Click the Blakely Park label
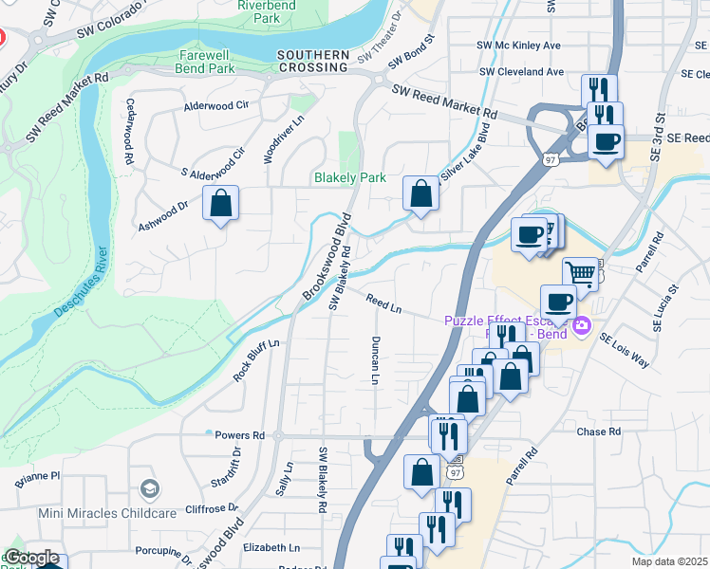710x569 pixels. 350,177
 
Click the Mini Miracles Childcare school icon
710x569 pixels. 149,488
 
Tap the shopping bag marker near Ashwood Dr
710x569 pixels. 220,204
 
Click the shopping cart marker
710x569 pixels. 580,274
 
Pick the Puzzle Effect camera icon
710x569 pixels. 581,328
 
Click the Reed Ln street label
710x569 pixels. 383,303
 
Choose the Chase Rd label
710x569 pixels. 598,431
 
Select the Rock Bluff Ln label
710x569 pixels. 256,359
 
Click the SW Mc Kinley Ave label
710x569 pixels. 519,45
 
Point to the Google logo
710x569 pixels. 31,558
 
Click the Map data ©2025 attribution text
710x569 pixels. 669,561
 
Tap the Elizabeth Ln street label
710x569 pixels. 271,547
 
